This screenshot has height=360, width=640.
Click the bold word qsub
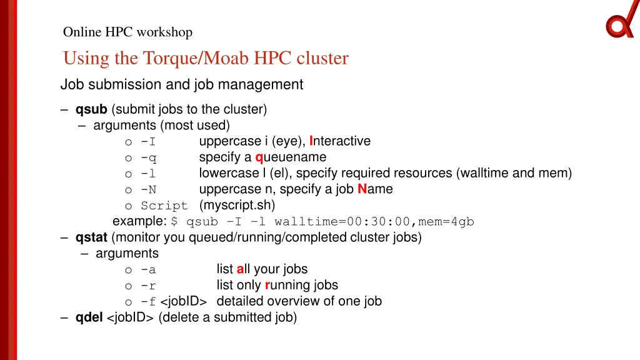click(x=91, y=109)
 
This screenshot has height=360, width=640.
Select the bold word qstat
click(x=91, y=237)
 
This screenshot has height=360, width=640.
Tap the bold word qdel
click(x=89, y=317)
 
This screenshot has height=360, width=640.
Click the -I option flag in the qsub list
click(x=148, y=141)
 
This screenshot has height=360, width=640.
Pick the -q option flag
click(x=148, y=157)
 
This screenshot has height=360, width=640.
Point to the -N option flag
click(x=148, y=189)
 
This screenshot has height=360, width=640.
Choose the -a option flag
click(x=148, y=270)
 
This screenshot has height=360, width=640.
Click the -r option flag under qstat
click(x=148, y=286)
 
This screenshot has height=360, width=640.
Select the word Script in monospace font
click(x=164, y=206)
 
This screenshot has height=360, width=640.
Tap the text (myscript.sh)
click(x=237, y=205)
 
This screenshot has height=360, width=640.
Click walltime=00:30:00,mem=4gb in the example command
click(x=374, y=222)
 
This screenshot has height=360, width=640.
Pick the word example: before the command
click(x=139, y=221)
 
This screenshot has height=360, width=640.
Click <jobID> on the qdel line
click(x=131, y=317)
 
